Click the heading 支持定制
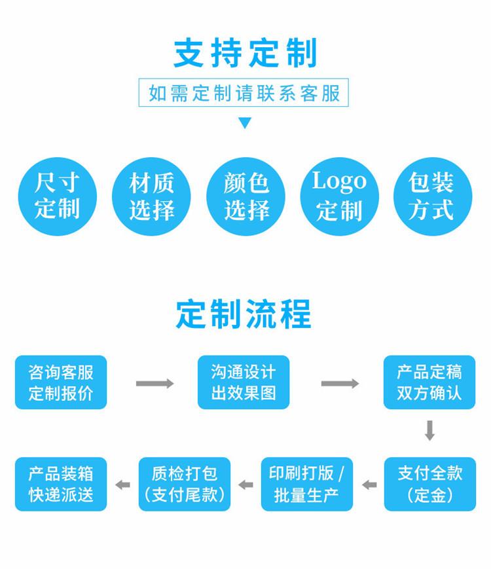[245, 53]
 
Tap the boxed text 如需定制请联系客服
[244, 93]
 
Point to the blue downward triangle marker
[245, 123]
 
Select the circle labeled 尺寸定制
[58, 196]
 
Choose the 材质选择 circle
[151, 196]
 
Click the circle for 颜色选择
[245, 196]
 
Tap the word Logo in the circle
[339, 181]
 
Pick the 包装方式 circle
[433, 196]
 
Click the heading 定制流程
[244, 314]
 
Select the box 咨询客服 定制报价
[61, 382]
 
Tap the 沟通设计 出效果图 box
[244, 382]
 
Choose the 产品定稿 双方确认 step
[429, 382]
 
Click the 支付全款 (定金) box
[430, 484]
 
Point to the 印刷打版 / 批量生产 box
[307, 484]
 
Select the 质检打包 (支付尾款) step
[185, 484]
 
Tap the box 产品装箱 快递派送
[61, 484]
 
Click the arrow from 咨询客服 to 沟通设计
[155, 384]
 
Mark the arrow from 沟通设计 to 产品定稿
[340, 384]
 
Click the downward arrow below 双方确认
[429, 431]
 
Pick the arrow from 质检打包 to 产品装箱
[122, 485]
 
